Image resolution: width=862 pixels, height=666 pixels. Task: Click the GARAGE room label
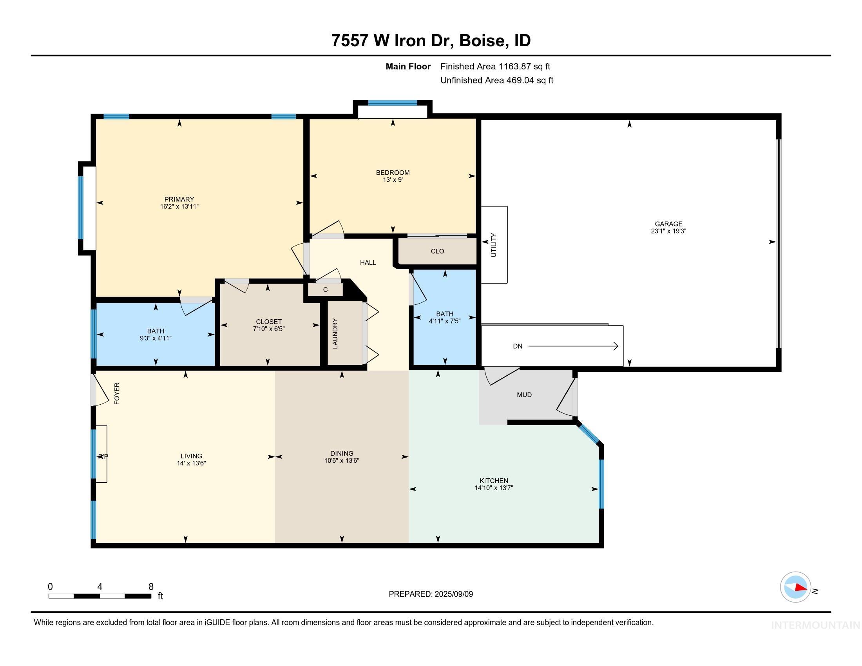(x=668, y=224)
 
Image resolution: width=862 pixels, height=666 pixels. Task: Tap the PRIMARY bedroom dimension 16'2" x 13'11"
(x=179, y=206)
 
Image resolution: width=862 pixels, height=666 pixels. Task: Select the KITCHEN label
(x=494, y=481)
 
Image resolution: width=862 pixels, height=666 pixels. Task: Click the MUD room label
(x=524, y=395)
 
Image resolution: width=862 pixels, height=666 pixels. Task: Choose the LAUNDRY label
(x=335, y=333)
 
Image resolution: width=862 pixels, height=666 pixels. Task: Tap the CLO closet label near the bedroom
(x=437, y=252)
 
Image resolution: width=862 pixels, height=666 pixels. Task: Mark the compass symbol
(x=795, y=587)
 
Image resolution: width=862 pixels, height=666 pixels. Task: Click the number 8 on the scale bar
(x=151, y=587)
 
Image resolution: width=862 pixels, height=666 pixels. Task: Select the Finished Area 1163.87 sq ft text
(x=495, y=67)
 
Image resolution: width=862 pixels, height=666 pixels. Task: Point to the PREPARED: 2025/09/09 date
(x=431, y=594)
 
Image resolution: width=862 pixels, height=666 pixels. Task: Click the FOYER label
(x=117, y=393)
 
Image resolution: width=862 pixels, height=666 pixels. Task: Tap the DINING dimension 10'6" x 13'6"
(x=342, y=460)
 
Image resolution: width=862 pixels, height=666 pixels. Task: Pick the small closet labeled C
(x=325, y=290)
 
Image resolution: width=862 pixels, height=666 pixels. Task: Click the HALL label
(x=368, y=263)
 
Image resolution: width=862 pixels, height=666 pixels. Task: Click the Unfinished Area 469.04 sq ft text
(x=496, y=80)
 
